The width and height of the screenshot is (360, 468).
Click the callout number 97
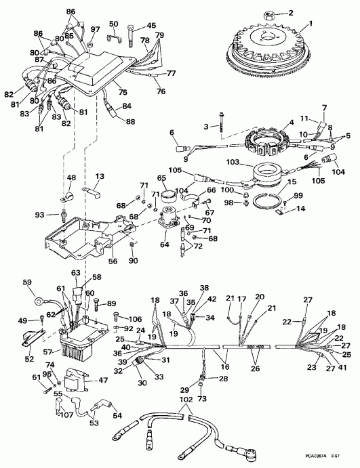[95, 29]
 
